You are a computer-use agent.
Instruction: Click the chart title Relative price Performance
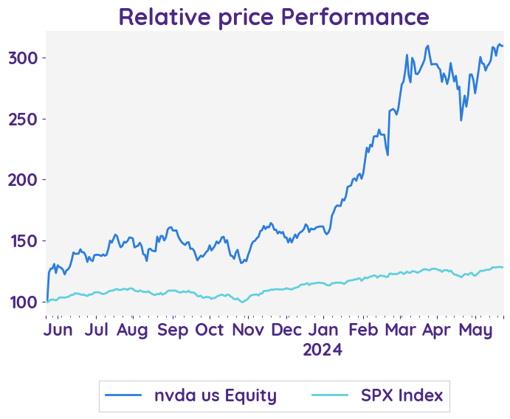(274, 16)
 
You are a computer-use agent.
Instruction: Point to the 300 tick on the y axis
(24, 58)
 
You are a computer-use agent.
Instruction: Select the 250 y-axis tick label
(24, 120)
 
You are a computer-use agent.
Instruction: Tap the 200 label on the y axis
(24, 180)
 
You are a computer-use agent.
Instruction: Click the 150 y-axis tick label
(24, 241)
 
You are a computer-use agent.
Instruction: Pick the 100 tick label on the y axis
(24, 302)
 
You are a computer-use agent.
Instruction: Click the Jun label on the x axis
(58, 330)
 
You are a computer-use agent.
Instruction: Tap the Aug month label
(132, 330)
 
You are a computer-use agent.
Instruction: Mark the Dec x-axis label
(286, 330)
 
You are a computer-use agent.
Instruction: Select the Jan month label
(323, 330)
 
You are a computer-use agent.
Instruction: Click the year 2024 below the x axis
(323, 349)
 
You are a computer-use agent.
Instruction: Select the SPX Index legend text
(402, 395)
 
